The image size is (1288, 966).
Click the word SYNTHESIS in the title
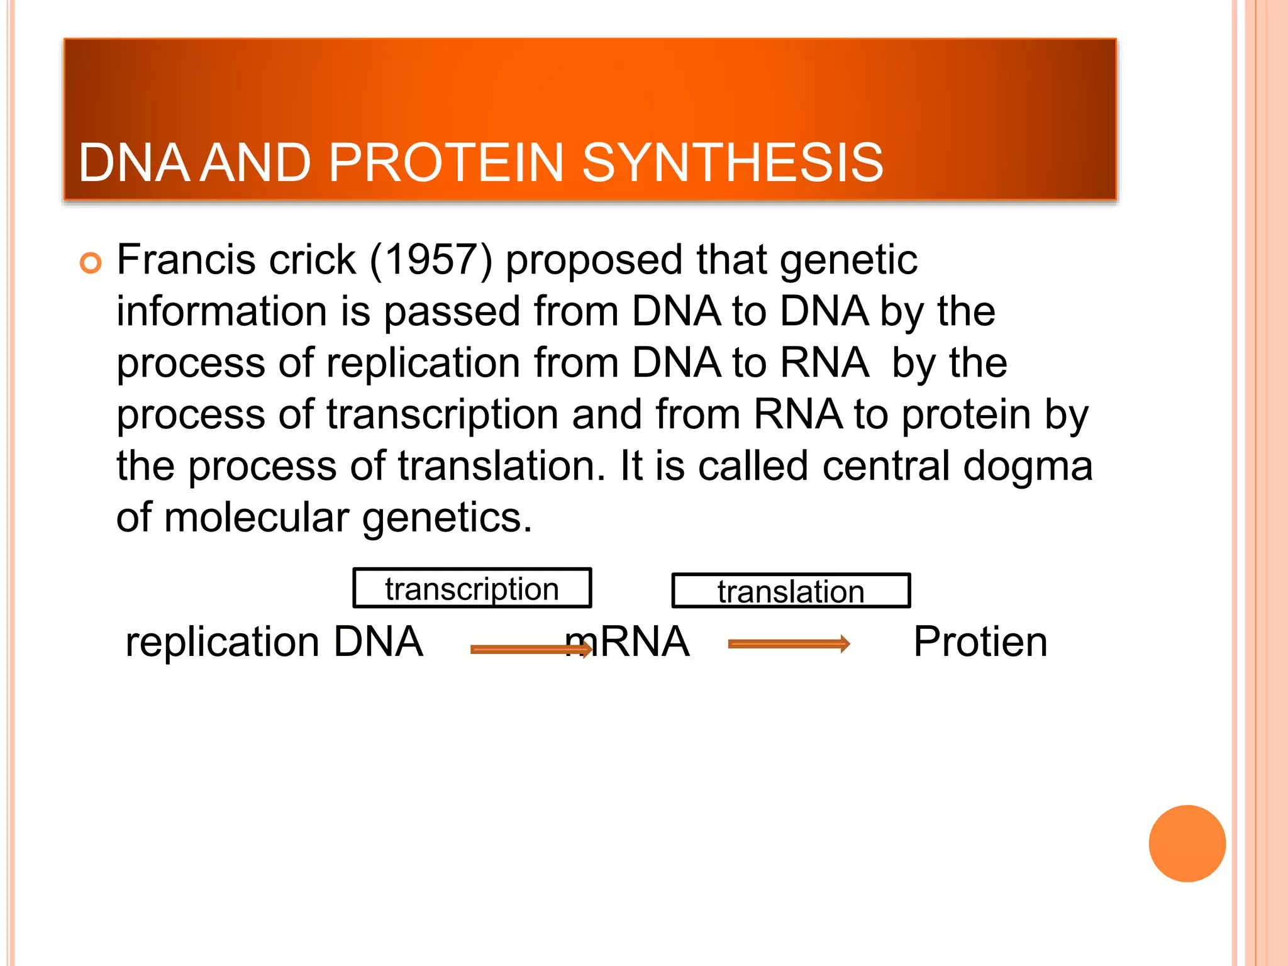pos(733,163)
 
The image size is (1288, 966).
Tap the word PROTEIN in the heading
pos(445,163)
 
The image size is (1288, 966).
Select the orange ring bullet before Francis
pos(91,263)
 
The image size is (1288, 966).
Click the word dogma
pos(1028,467)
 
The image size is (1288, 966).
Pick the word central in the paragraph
pos(885,466)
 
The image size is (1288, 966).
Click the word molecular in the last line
pos(257,518)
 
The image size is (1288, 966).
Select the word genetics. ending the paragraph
pos(447,519)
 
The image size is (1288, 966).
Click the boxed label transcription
pos(472,589)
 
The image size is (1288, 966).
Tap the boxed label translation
pos(791,591)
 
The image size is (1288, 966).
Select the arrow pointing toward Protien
pos(789,643)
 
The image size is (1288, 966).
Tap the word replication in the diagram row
pos(222,643)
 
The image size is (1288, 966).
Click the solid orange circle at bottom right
pos(1187,843)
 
